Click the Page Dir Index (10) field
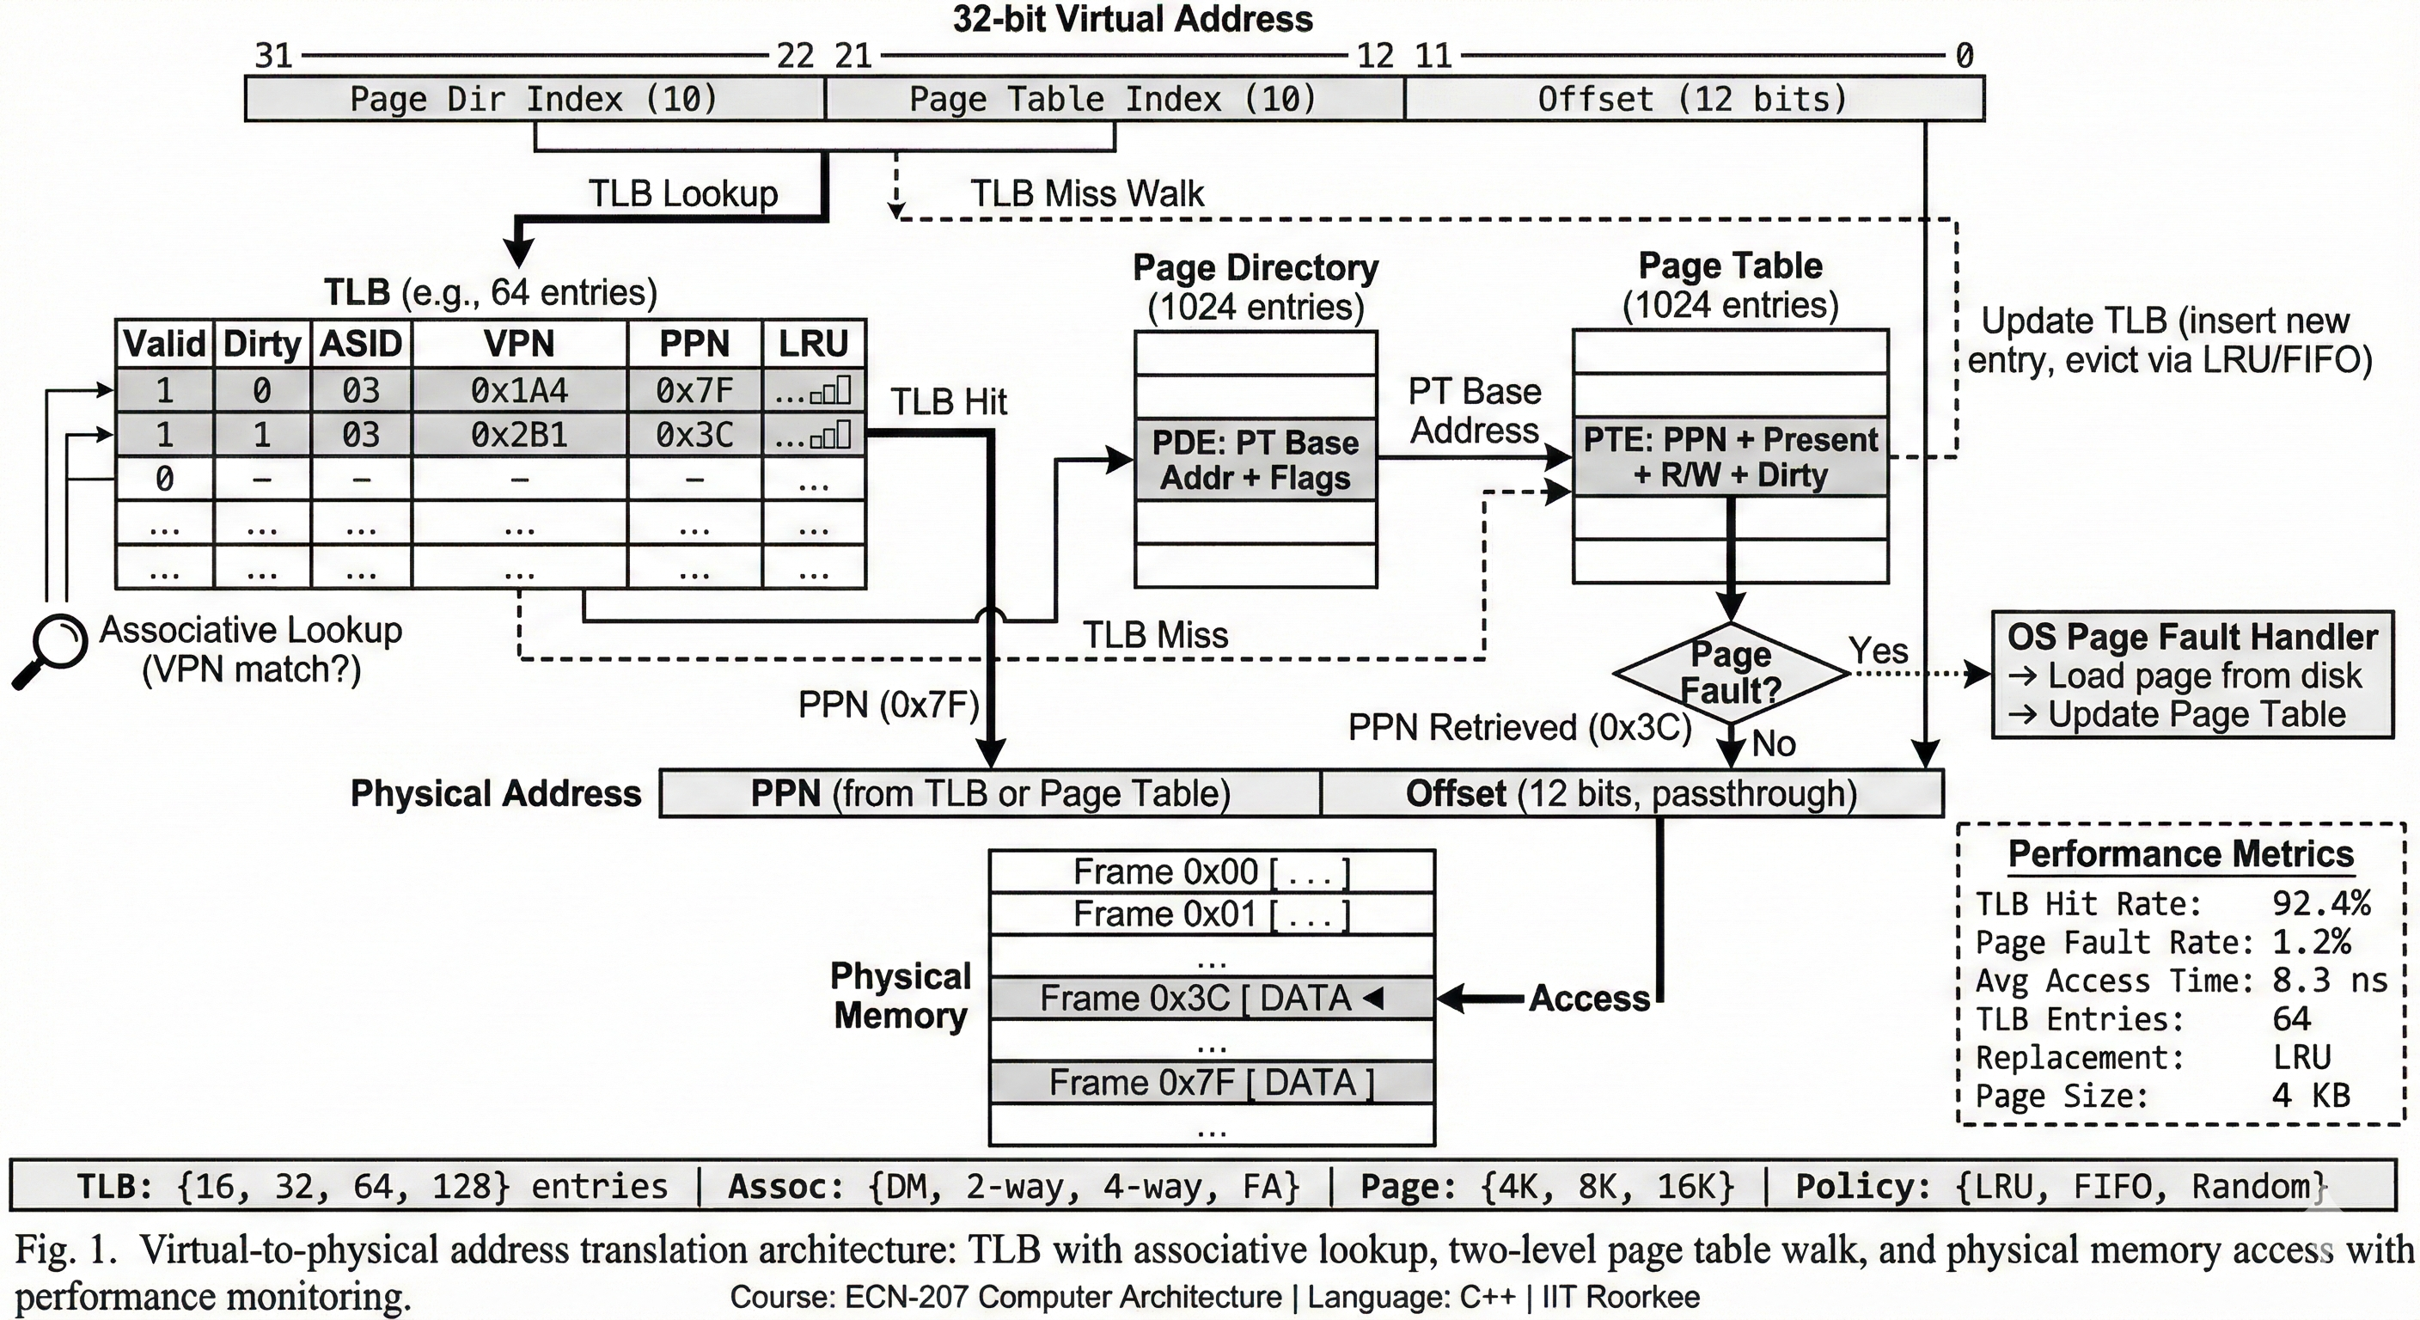pos(535,99)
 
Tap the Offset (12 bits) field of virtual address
pos(1694,99)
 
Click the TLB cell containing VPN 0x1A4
pos(520,390)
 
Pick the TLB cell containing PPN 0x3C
pos(694,435)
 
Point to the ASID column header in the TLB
pos(361,344)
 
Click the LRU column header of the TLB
pos(814,344)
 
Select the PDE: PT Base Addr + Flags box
pos(1255,461)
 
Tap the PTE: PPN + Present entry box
pos(1731,456)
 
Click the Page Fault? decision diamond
pos(1731,673)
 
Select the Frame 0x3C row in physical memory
pos(1212,998)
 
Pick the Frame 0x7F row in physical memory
pos(1212,1082)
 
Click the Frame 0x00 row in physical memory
pos(1212,872)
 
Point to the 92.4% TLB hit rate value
pos(2321,904)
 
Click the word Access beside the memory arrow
pos(1590,998)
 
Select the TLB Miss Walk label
pos(1087,193)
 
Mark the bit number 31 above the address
pos(274,56)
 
